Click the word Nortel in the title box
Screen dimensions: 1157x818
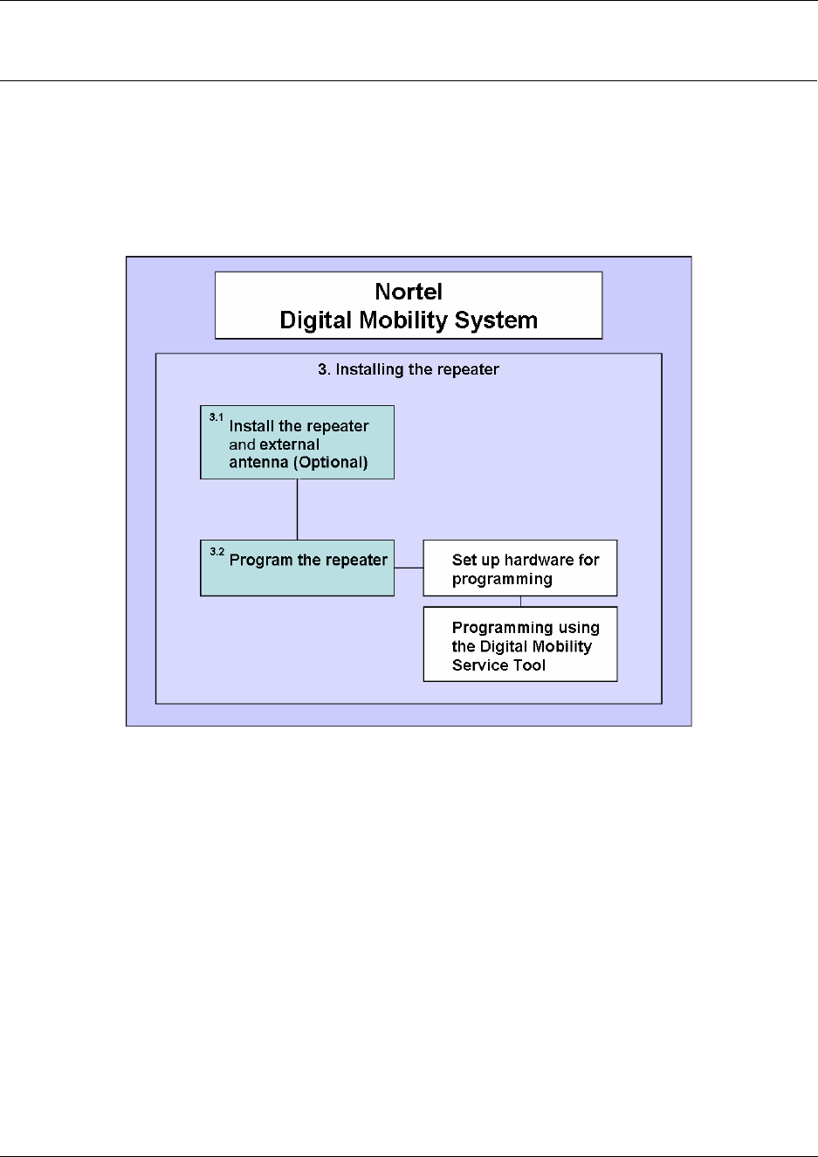coord(409,292)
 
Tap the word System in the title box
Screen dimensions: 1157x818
coord(497,320)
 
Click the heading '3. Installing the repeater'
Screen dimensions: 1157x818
coord(409,369)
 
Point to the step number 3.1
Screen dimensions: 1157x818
coord(216,417)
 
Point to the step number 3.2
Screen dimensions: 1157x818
coord(217,552)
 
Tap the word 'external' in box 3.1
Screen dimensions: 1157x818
coord(290,444)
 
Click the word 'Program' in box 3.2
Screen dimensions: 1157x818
coord(260,561)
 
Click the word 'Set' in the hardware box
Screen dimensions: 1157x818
coord(464,561)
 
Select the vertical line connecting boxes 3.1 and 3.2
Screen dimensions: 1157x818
coord(298,509)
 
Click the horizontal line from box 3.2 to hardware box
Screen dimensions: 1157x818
coord(409,568)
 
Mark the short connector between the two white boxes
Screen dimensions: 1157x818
coord(521,602)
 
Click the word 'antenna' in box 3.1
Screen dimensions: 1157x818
coord(258,463)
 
